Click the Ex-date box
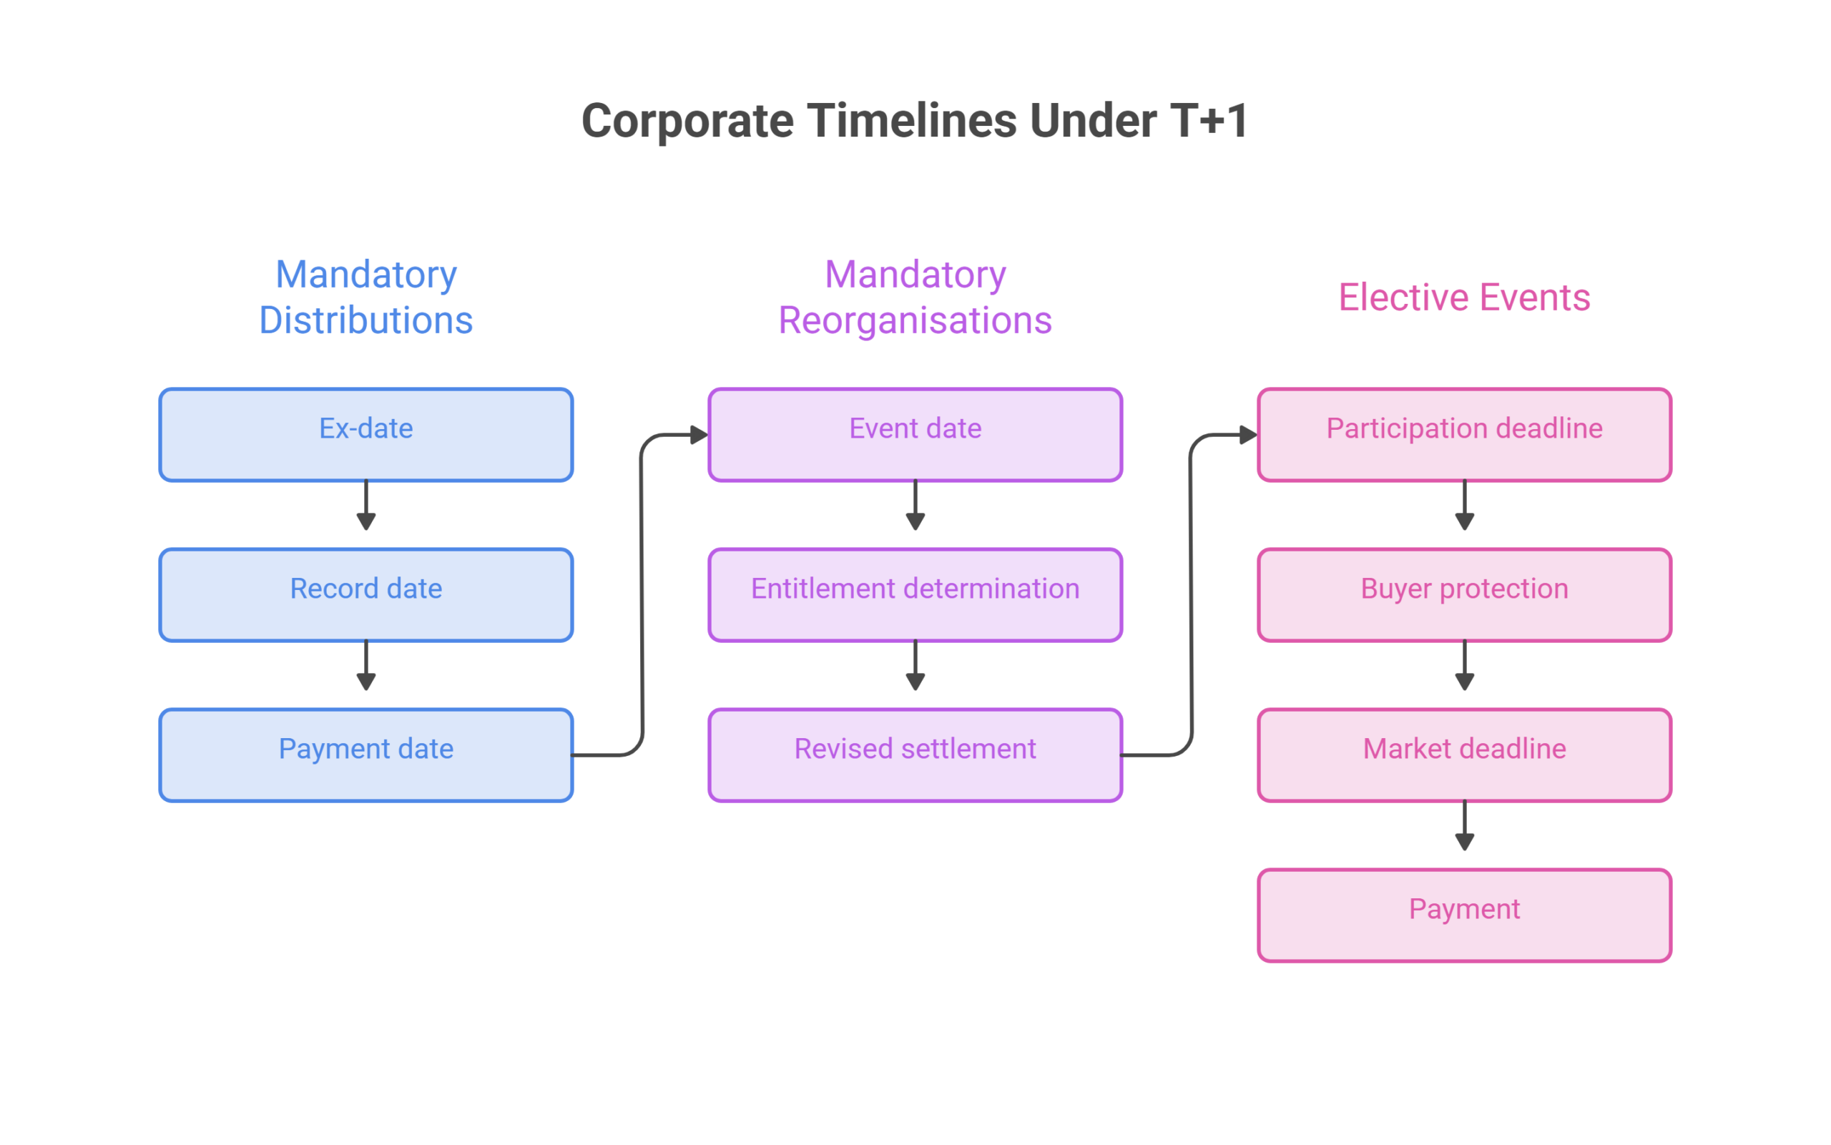(x=365, y=435)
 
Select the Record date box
(x=365, y=595)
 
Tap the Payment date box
(x=365, y=755)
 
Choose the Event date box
(x=915, y=435)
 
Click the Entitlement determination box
(x=915, y=595)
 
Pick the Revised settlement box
(x=915, y=755)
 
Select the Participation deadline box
(x=1465, y=435)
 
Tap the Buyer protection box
(x=1465, y=595)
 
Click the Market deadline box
(x=1465, y=755)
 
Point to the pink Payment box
(x=1465, y=915)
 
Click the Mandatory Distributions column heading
(x=365, y=297)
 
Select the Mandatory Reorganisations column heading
(x=915, y=297)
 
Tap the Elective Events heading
(x=1465, y=297)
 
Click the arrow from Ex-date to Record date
(x=365, y=505)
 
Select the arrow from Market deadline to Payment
(x=1465, y=825)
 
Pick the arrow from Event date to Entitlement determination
(x=915, y=505)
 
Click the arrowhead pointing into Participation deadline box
(x=1248, y=436)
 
